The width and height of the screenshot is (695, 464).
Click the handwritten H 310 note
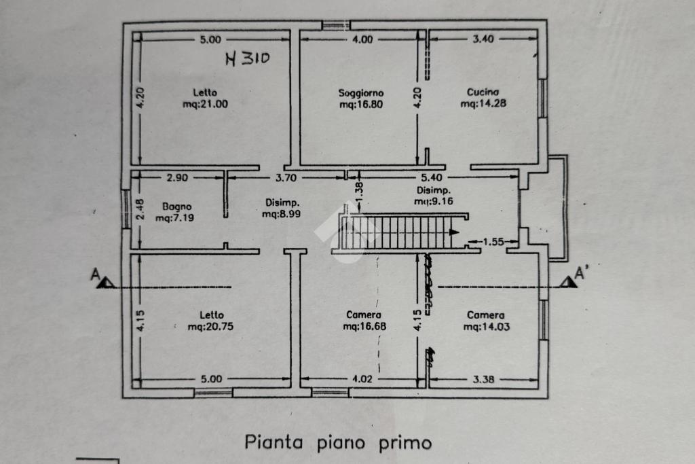pos(247,58)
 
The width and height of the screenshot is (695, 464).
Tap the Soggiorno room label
pos(361,93)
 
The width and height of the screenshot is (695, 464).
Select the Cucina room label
pos(483,92)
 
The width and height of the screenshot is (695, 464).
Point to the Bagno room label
pos(177,207)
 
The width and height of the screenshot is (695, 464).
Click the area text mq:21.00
pos(205,104)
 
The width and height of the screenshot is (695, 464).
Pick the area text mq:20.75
pos(210,327)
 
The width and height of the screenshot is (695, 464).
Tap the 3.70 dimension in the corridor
pos(286,178)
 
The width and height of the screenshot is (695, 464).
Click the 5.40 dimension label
pos(431,178)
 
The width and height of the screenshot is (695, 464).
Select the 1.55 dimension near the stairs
pos(493,242)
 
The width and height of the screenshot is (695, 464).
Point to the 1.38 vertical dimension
pos(359,190)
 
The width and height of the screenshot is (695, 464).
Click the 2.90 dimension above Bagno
pos(177,178)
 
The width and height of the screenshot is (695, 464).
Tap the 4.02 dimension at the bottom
pos(362,379)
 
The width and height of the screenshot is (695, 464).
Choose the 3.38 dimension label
pos(483,380)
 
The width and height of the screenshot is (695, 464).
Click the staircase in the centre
pos(401,232)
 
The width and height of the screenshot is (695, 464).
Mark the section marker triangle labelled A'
pos(568,282)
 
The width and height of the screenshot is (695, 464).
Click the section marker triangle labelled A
pos(106,282)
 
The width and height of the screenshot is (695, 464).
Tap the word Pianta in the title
pos(274,442)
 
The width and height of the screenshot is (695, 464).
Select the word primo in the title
pos(405,444)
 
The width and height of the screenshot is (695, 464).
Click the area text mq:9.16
pos(434,201)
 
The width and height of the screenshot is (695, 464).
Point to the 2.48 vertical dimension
pos(140,209)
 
